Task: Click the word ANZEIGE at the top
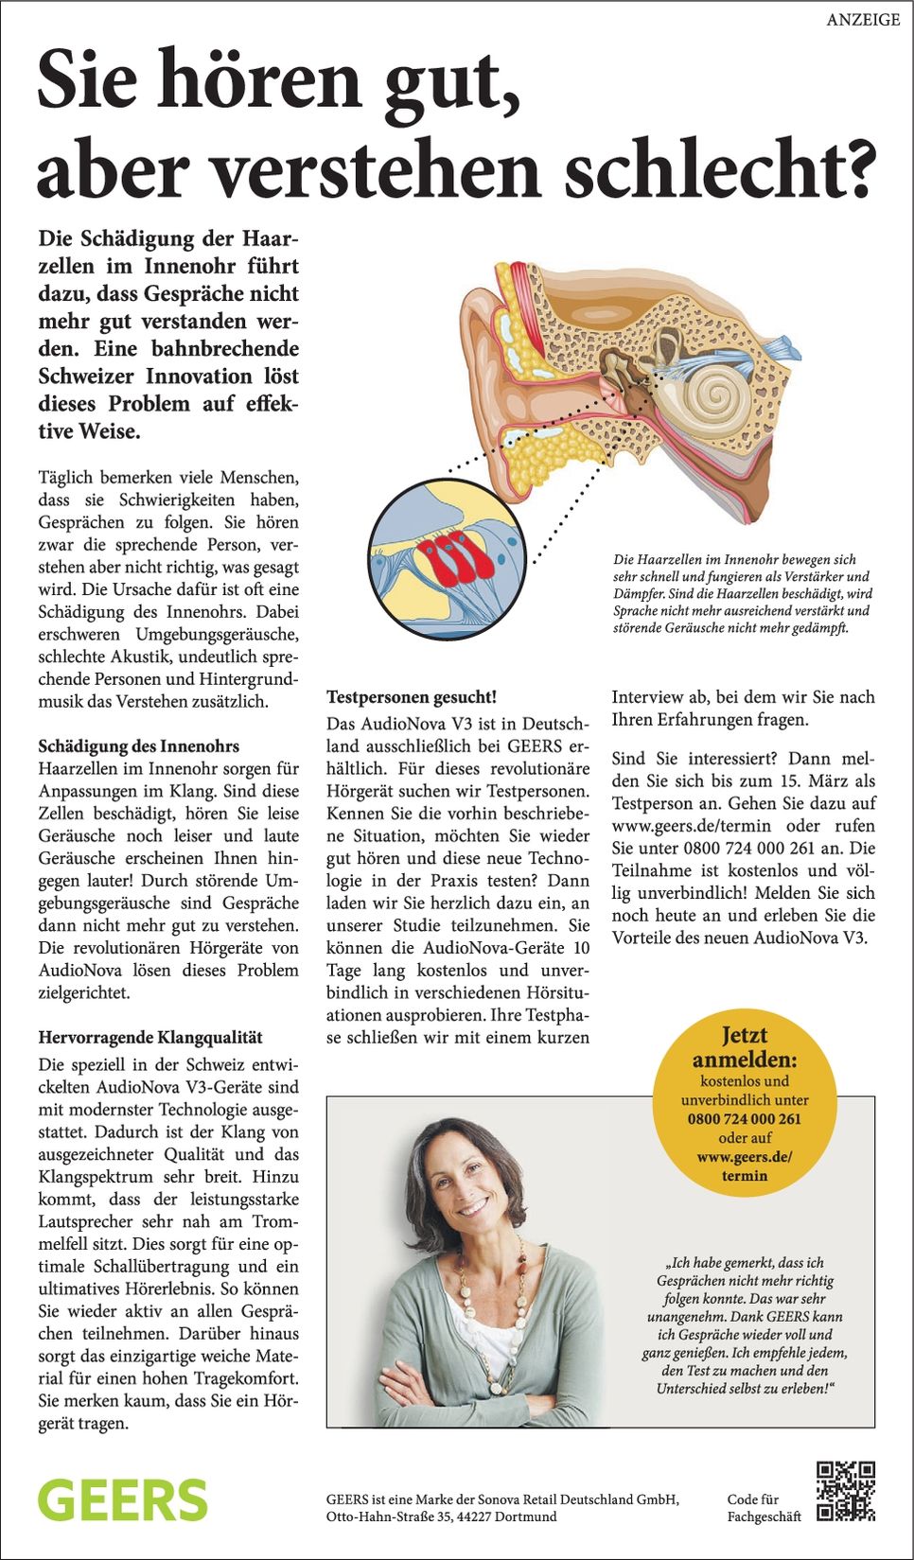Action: click(x=863, y=20)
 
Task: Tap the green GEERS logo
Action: click(x=123, y=1501)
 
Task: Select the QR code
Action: click(x=845, y=1491)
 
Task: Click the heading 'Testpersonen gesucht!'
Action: click(x=412, y=697)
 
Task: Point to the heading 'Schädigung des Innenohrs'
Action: click(x=139, y=746)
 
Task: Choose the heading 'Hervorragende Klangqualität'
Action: click(x=150, y=1038)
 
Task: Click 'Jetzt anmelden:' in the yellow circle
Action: click(x=745, y=1047)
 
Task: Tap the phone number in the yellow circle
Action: click(x=745, y=1118)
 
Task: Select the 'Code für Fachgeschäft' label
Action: click(x=764, y=1508)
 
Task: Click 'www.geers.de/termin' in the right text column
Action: click(x=692, y=826)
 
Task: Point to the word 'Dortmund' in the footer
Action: click(x=525, y=1516)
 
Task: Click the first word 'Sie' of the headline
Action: click(x=89, y=81)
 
